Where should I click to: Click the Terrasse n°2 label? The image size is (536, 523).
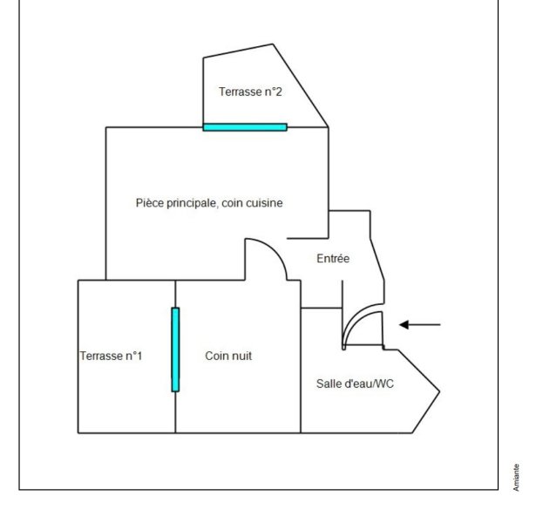click(x=250, y=92)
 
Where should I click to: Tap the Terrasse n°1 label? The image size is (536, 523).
click(x=111, y=356)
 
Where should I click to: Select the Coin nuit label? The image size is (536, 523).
click(x=228, y=356)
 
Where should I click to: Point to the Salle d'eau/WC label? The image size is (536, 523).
click(x=355, y=384)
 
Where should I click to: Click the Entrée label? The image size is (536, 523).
click(x=333, y=258)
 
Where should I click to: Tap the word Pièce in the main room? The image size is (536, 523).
click(x=147, y=203)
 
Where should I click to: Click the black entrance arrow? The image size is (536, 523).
click(x=420, y=325)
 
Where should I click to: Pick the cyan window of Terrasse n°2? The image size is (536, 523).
click(x=245, y=127)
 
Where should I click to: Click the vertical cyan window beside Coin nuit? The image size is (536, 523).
click(x=175, y=350)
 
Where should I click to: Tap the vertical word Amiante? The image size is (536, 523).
click(x=516, y=477)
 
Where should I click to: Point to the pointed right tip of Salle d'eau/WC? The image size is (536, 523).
click(x=439, y=391)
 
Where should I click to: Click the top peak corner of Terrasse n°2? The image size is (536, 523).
click(x=273, y=44)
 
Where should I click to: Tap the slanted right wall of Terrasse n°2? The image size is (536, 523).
click(x=301, y=85)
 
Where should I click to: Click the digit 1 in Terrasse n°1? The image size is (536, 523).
click(x=139, y=356)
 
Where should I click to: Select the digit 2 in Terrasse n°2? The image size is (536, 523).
click(x=279, y=92)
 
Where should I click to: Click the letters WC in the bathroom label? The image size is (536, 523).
click(x=385, y=384)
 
